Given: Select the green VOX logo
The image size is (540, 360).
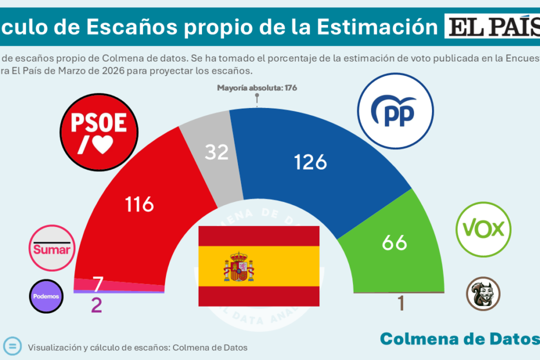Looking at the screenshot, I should click(x=483, y=230).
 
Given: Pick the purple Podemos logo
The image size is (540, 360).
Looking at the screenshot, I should click(x=45, y=296).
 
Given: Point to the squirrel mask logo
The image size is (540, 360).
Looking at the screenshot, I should click(x=483, y=293).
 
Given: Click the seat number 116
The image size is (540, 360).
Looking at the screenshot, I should click(x=139, y=204).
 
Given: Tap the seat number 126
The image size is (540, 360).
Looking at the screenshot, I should click(x=310, y=162).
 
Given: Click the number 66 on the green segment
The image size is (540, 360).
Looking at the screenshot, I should click(x=394, y=242).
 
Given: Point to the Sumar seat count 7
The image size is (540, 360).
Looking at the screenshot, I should click(x=98, y=285).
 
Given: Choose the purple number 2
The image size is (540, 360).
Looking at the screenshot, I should click(x=96, y=305).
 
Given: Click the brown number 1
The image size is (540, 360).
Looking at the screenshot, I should click(x=401, y=304).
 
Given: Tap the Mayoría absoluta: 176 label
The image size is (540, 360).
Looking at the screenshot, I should click(x=257, y=88).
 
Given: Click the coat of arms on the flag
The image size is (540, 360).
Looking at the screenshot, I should click(x=239, y=267).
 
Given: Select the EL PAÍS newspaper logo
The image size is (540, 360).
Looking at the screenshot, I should click(x=492, y=27).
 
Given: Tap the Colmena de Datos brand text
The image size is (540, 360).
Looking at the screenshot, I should click(x=459, y=339).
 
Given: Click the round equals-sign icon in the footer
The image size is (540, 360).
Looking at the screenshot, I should click(x=13, y=346).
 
